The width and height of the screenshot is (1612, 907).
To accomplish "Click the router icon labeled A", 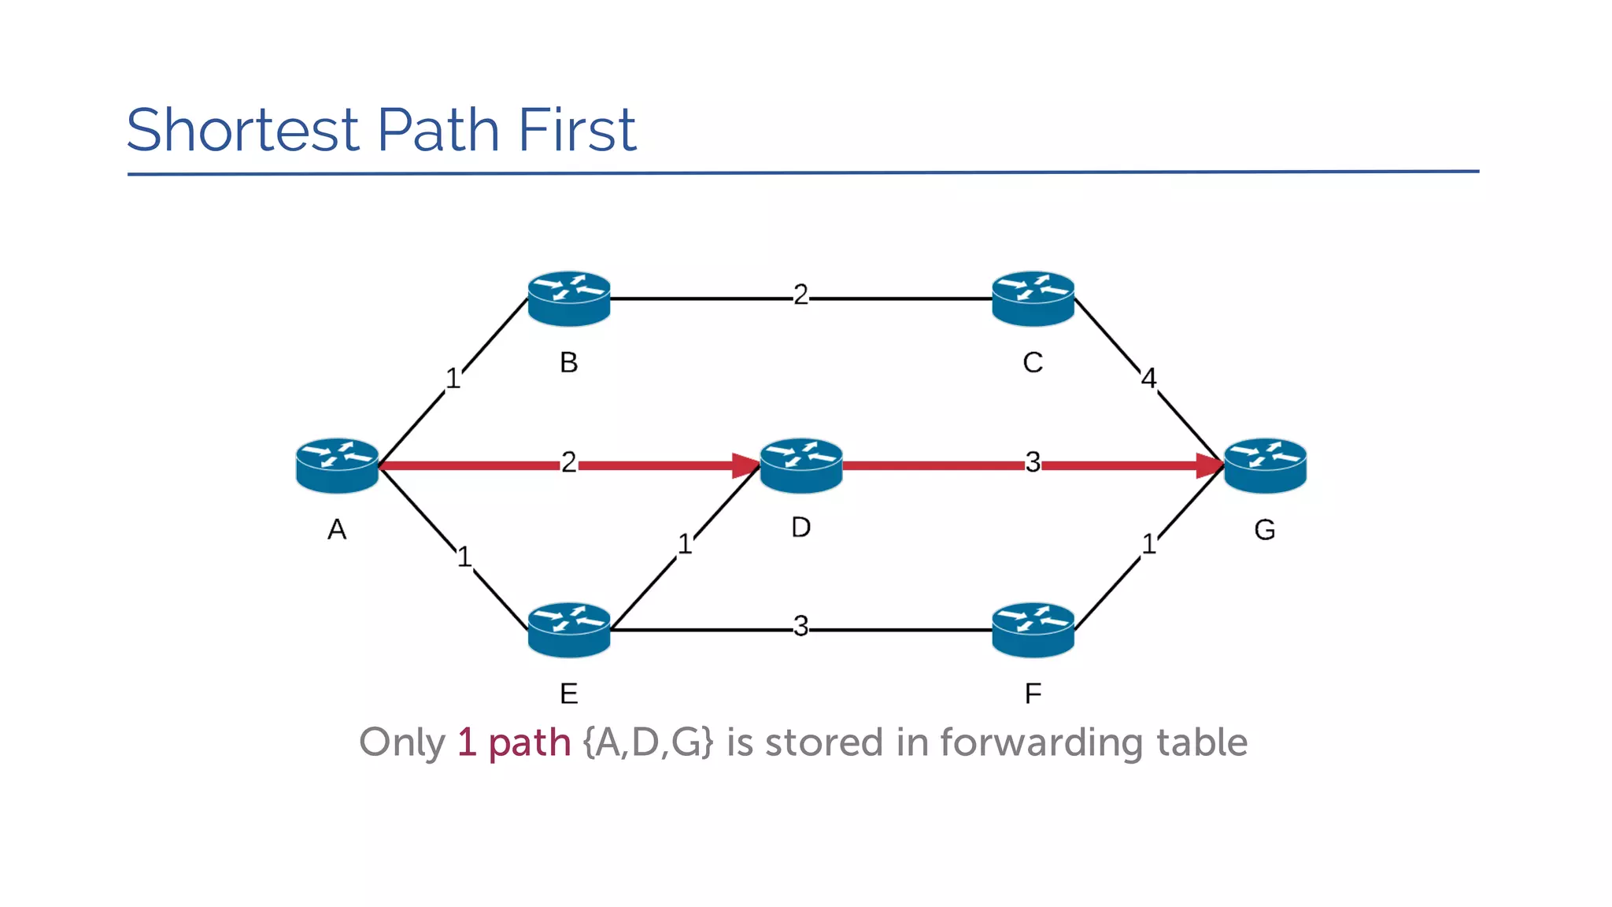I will click(337, 465).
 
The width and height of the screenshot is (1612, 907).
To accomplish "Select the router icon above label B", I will click(568, 298).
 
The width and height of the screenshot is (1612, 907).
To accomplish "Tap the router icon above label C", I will click(1033, 298).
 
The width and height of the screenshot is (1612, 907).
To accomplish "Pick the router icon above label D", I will click(801, 465).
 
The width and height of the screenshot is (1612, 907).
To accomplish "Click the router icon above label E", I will click(568, 630).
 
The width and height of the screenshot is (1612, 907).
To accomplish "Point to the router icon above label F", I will click(1033, 630).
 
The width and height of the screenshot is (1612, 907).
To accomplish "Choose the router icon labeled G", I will click(1265, 465).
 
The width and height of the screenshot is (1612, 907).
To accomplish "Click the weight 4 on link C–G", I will click(1148, 379).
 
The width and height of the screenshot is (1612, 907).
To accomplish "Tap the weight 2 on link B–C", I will click(800, 295).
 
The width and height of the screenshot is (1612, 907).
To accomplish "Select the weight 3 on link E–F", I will click(800, 627).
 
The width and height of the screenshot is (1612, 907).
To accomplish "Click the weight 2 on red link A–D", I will click(568, 462).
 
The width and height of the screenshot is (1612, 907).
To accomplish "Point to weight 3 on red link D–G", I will click(1033, 462).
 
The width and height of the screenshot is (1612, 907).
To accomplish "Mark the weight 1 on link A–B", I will click(453, 379).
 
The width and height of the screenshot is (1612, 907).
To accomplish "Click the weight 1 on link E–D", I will click(685, 544).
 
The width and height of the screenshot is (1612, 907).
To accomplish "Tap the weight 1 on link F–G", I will click(1148, 544).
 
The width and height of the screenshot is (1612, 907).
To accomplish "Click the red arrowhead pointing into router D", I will click(745, 465).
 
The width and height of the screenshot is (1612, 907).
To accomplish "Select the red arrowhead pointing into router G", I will click(1209, 465).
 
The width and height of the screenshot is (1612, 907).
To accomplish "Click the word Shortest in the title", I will click(242, 130).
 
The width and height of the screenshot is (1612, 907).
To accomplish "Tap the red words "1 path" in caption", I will click(514, 742).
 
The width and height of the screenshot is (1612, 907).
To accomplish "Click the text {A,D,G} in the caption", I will click(648, 742).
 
